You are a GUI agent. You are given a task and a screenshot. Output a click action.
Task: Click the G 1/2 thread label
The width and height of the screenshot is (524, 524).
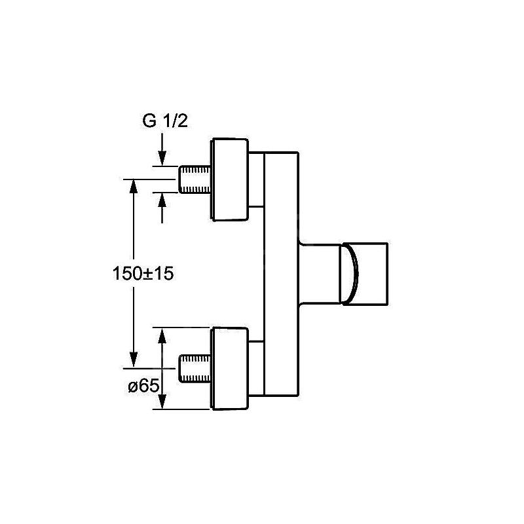165,121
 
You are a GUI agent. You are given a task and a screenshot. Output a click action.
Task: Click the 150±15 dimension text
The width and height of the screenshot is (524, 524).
143,274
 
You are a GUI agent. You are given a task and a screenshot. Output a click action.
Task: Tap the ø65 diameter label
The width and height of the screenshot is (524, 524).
143,386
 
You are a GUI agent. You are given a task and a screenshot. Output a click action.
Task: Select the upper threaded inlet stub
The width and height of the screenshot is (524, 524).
195,179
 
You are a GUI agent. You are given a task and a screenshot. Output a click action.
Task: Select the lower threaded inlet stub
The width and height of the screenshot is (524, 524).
195,369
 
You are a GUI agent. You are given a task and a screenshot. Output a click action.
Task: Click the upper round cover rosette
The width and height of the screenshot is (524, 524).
230,179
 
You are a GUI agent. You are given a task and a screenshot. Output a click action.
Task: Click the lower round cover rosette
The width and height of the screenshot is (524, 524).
230,369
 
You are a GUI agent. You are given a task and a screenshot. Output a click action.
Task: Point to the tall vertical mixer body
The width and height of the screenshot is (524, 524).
281,274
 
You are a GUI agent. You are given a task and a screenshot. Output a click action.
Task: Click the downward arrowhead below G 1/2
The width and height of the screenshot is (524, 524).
162,159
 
